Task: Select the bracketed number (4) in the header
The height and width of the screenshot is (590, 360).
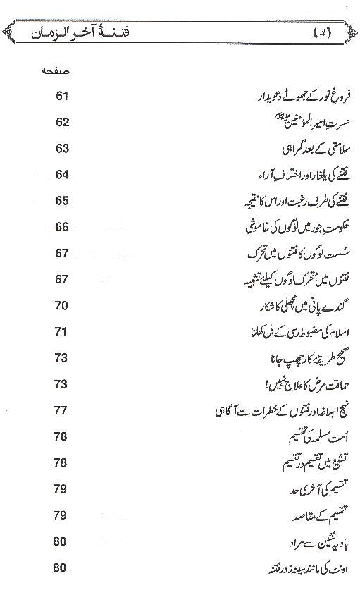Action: tap(323, 33)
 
